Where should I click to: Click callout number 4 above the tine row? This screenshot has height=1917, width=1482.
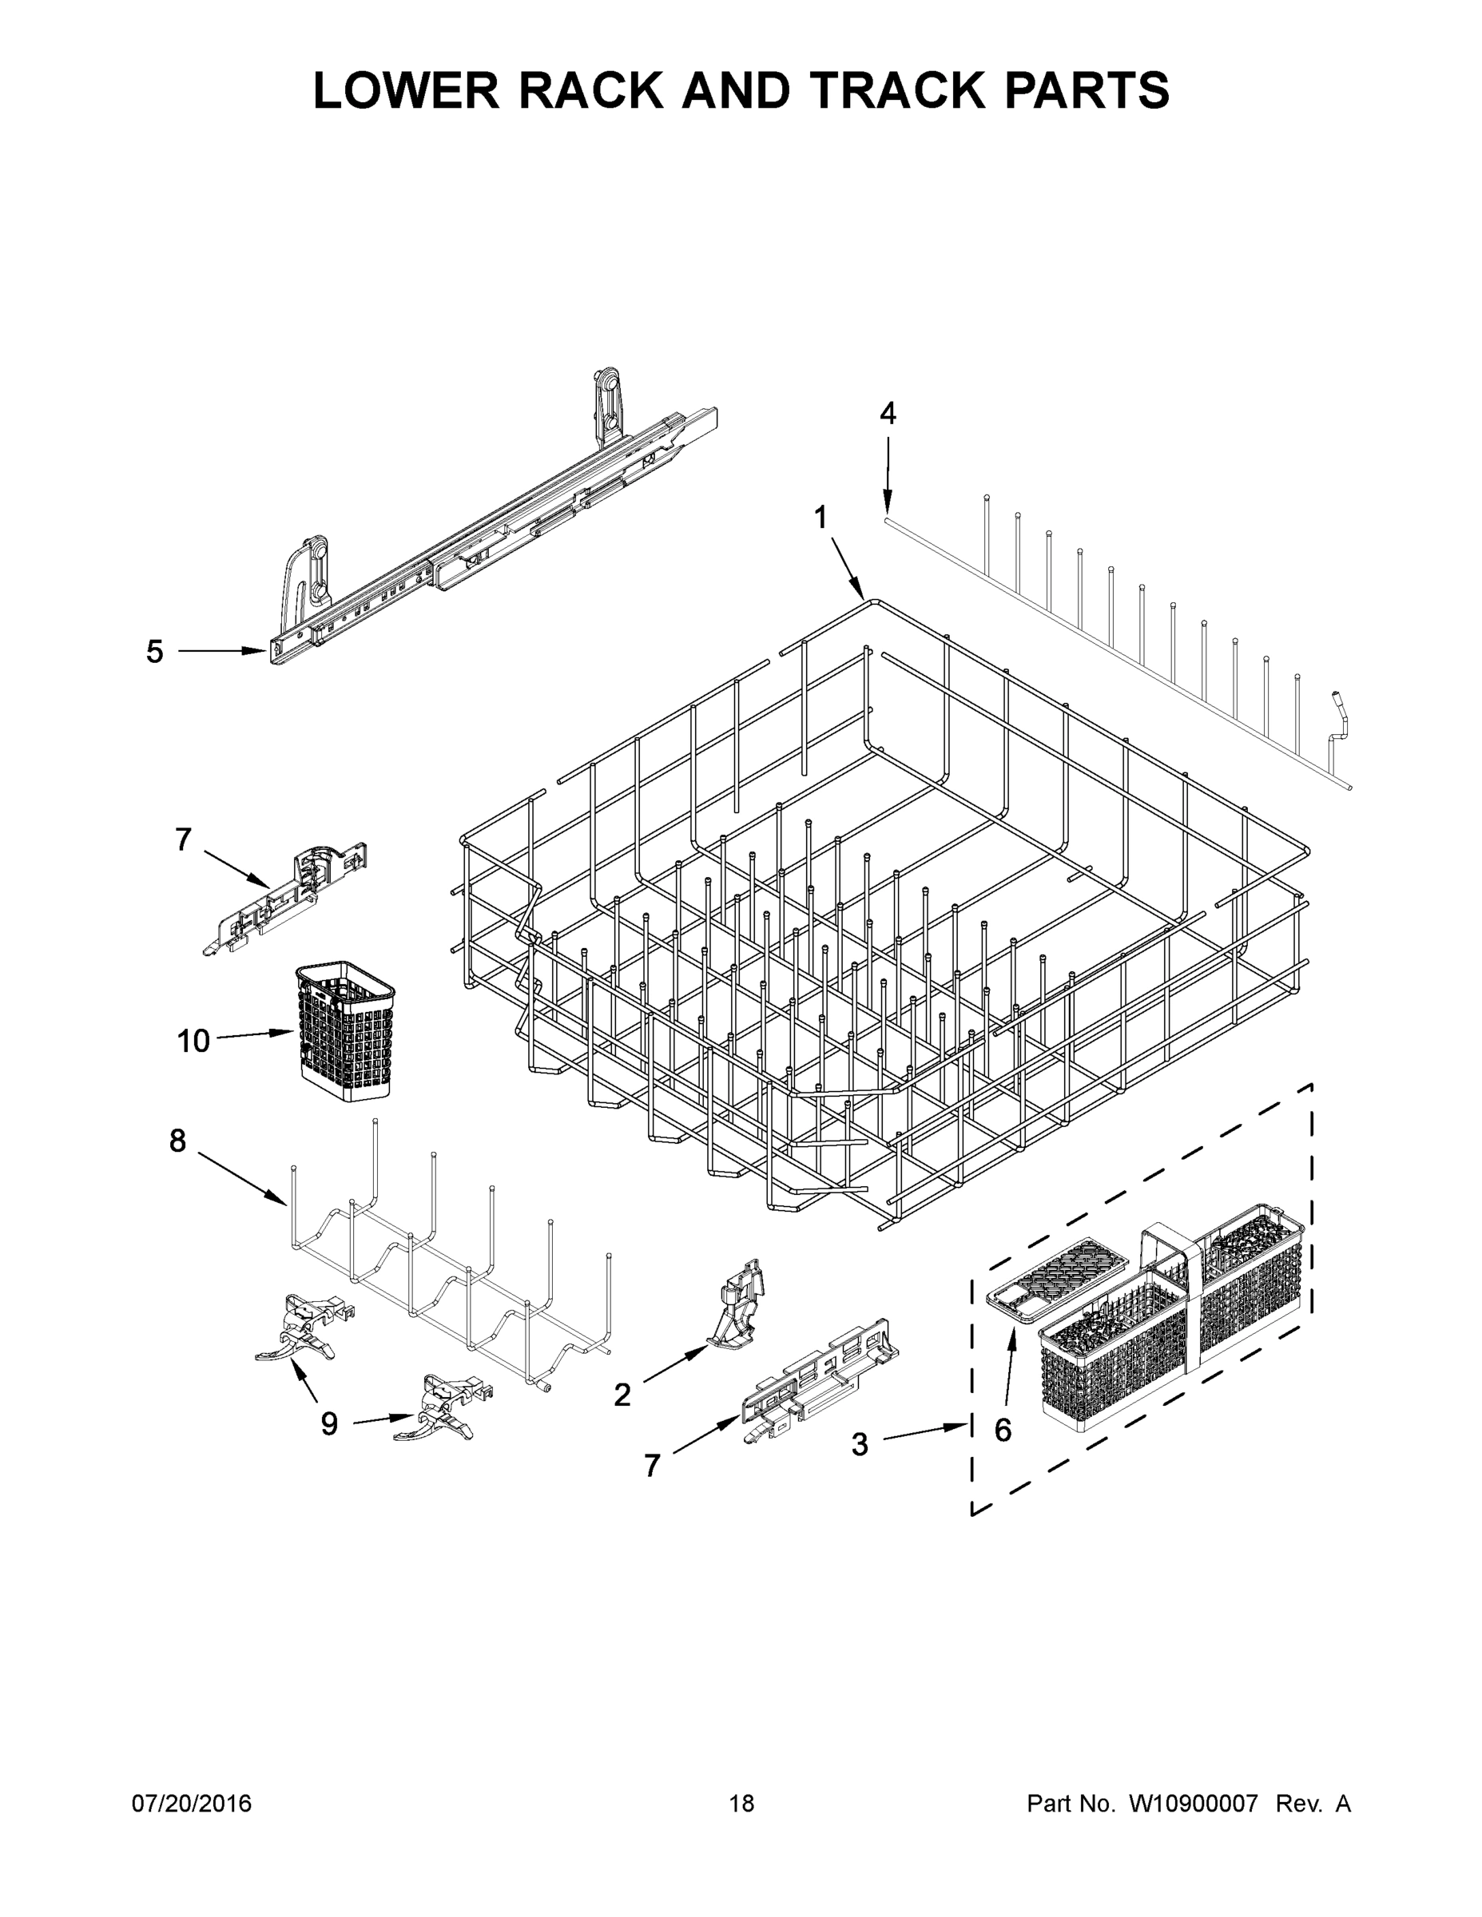[x=888, y=414]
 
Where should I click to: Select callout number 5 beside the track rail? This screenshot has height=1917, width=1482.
[x=154, y=651]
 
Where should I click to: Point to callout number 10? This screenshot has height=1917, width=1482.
[x=193, y=1041]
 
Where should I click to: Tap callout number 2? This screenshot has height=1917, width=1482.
[x=622, y=1395]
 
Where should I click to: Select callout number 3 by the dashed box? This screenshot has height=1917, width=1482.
[x=860, y=1444]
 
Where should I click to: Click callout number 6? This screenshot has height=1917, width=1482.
[x=1003, y=1430]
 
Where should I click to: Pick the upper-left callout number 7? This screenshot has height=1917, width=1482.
[x=183, y=840]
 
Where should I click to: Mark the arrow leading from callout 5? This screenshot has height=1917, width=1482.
[x=222, y=650]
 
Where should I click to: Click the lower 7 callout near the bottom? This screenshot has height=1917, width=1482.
[x=651, y=1465]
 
